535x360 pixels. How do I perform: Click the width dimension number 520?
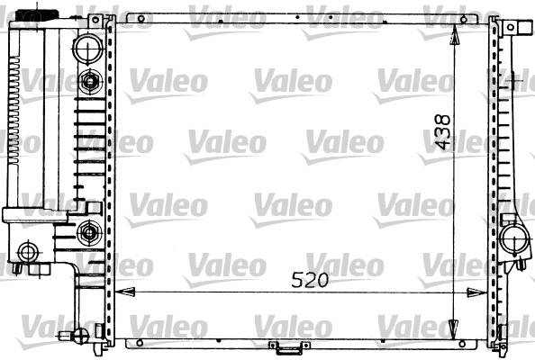pyautogui.click(x=310, y=280)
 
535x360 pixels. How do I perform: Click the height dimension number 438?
pyautogui.click(x=443, y=132)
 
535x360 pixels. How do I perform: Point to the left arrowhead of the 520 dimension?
pyautogui.click(x=125, y=292)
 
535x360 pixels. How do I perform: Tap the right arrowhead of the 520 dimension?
pyautogui.click(x=476, y=292)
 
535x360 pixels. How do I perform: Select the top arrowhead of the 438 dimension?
pyautogui.click(x=454, y=35)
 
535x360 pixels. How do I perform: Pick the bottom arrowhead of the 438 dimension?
pyautogui.click(x=453, y=329)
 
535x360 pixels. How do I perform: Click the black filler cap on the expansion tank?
pyautogui.click(x=38, y=14)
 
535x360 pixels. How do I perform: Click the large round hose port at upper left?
pyautogui.click(x=88, y=49)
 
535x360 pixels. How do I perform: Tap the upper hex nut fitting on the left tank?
pyautogui.click(x=90, y=81)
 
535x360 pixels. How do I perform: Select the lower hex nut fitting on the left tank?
pyautogui.click(x=89, y=233)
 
